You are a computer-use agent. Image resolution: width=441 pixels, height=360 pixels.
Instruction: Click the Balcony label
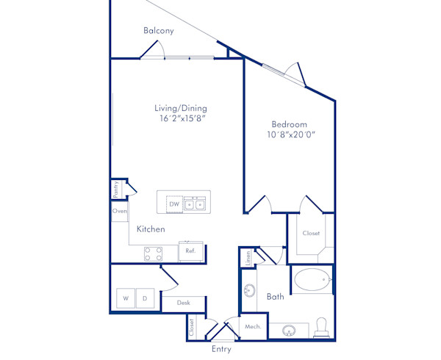159,30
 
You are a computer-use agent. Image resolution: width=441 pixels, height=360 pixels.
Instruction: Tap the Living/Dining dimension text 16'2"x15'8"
181,118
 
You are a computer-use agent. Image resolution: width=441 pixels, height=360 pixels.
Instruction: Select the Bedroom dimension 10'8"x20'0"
291,134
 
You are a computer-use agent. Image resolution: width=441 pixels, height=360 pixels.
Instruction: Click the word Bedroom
289,124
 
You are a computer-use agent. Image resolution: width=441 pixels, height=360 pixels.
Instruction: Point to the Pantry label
115,189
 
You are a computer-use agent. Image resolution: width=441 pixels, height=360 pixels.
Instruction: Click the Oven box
120,211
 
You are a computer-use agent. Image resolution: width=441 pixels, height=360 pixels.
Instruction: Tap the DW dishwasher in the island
174,204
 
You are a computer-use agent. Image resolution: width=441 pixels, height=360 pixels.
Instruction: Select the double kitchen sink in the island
195,204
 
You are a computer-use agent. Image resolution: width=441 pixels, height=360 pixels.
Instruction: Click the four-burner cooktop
154,253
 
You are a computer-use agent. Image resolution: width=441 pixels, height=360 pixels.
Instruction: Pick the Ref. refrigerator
190,251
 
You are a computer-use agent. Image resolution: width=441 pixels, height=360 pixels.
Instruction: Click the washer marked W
126,298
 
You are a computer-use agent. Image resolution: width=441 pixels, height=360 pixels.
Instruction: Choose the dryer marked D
145,298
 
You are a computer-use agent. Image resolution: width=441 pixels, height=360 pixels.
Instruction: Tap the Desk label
183,303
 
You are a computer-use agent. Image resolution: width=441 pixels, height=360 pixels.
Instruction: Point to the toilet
321,328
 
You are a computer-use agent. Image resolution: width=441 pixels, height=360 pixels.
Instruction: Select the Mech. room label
253,326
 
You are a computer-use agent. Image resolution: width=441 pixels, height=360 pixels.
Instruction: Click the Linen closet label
248,258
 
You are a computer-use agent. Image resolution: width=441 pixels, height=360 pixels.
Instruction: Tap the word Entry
222,349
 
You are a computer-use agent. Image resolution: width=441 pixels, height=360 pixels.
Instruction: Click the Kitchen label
151,229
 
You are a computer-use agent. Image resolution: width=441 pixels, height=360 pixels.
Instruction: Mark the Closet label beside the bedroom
311,233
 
